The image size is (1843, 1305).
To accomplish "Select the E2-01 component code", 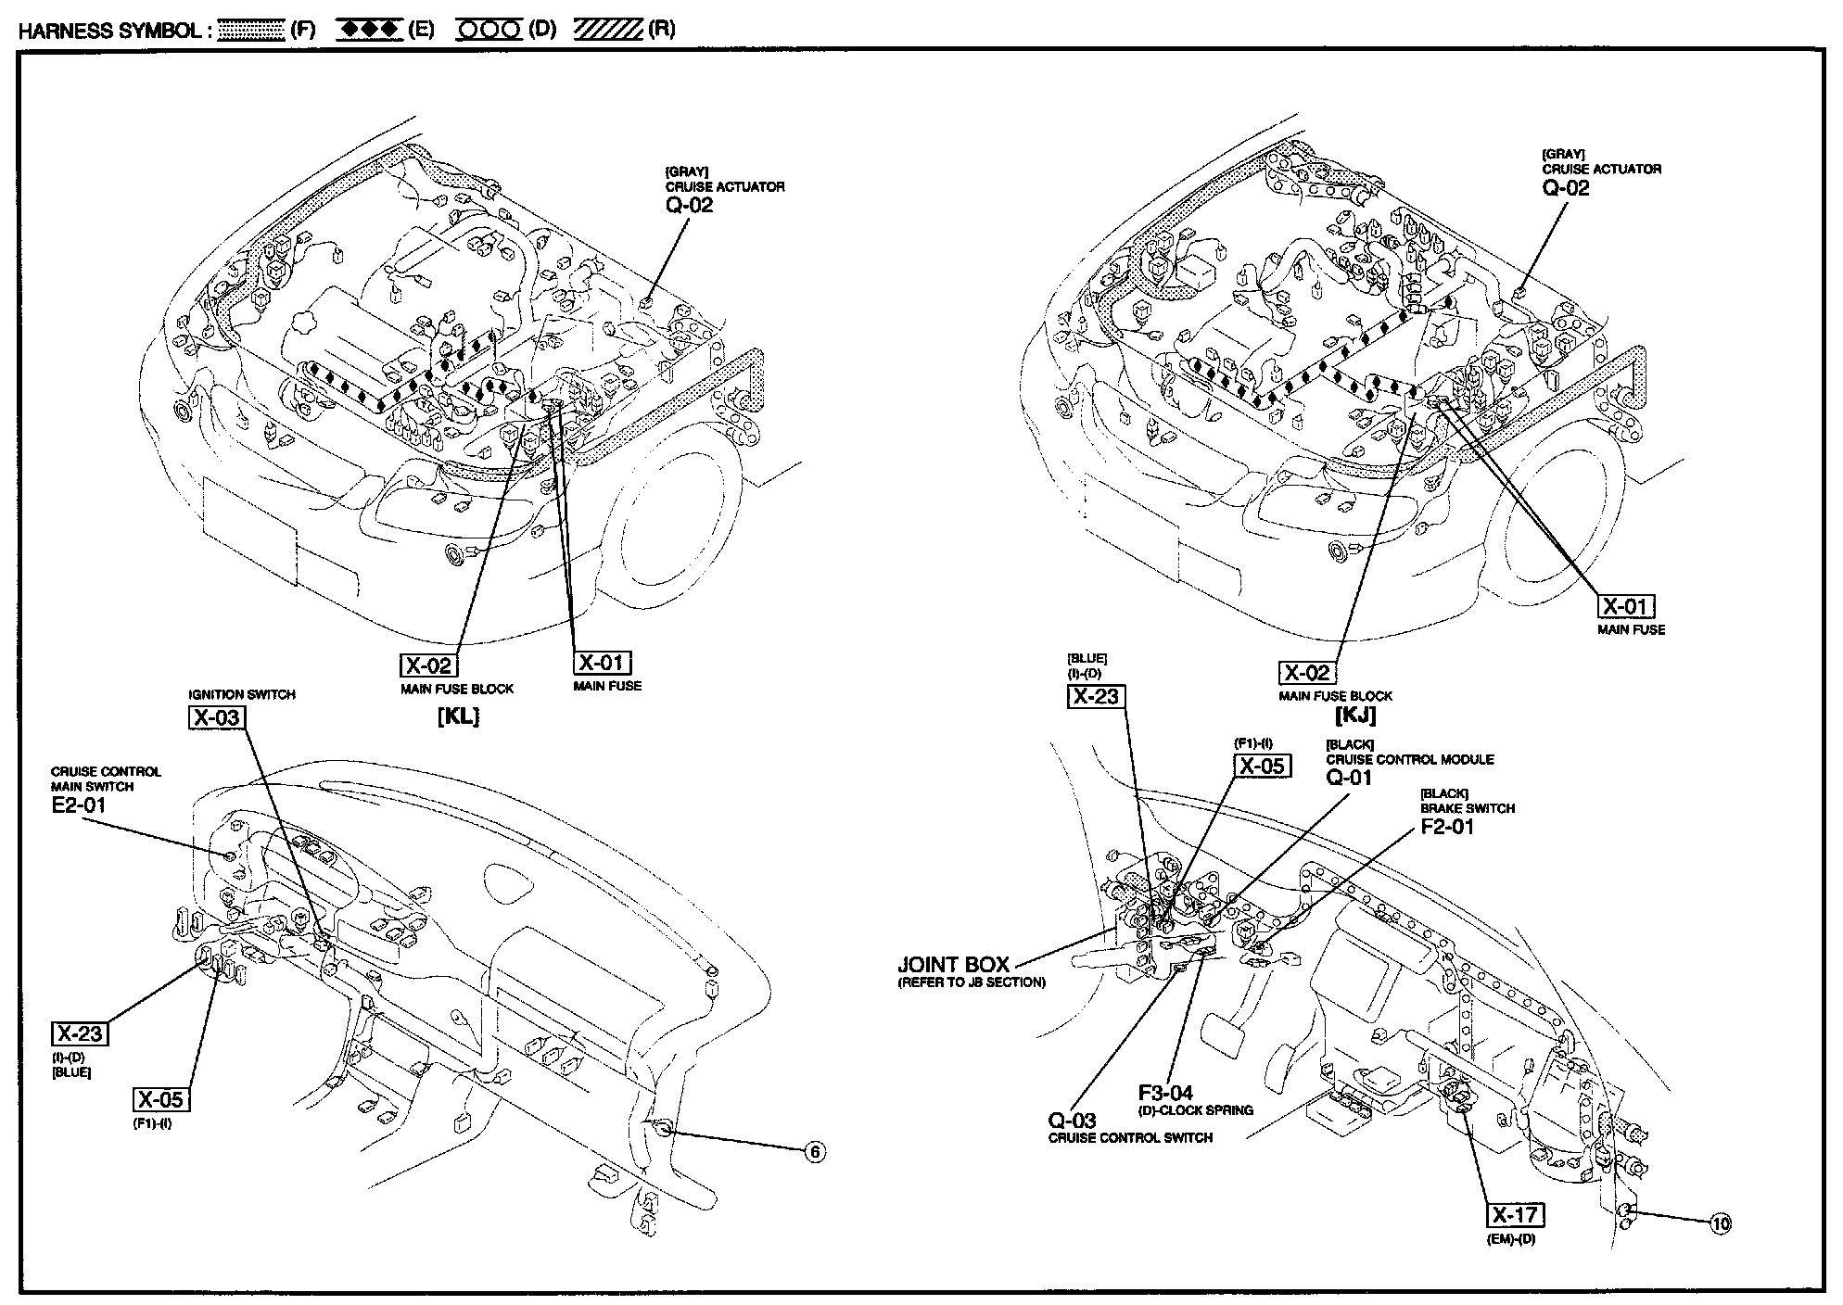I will coord(78,805).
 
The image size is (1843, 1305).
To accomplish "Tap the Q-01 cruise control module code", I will coord(1349,778).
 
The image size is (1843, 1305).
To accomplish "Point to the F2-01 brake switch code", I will coord(1447,826).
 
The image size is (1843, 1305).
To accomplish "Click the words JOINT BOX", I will coord(954,965).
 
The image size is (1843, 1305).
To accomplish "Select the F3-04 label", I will coord(1166,1093).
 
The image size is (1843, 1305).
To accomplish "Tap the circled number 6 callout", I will coord(814,1152).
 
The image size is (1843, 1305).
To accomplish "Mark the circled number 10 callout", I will coord(1721,1223).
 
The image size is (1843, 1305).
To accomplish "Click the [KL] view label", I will coord(458,716).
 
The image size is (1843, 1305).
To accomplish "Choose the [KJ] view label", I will coord(1355,716).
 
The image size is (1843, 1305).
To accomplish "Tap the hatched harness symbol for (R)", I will coord(608,30).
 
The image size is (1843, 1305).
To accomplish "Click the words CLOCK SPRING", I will coord(1213,1110).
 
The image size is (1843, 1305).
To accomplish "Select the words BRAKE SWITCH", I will coord(1468,808).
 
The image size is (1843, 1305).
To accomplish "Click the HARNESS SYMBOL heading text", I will coord(109,30).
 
